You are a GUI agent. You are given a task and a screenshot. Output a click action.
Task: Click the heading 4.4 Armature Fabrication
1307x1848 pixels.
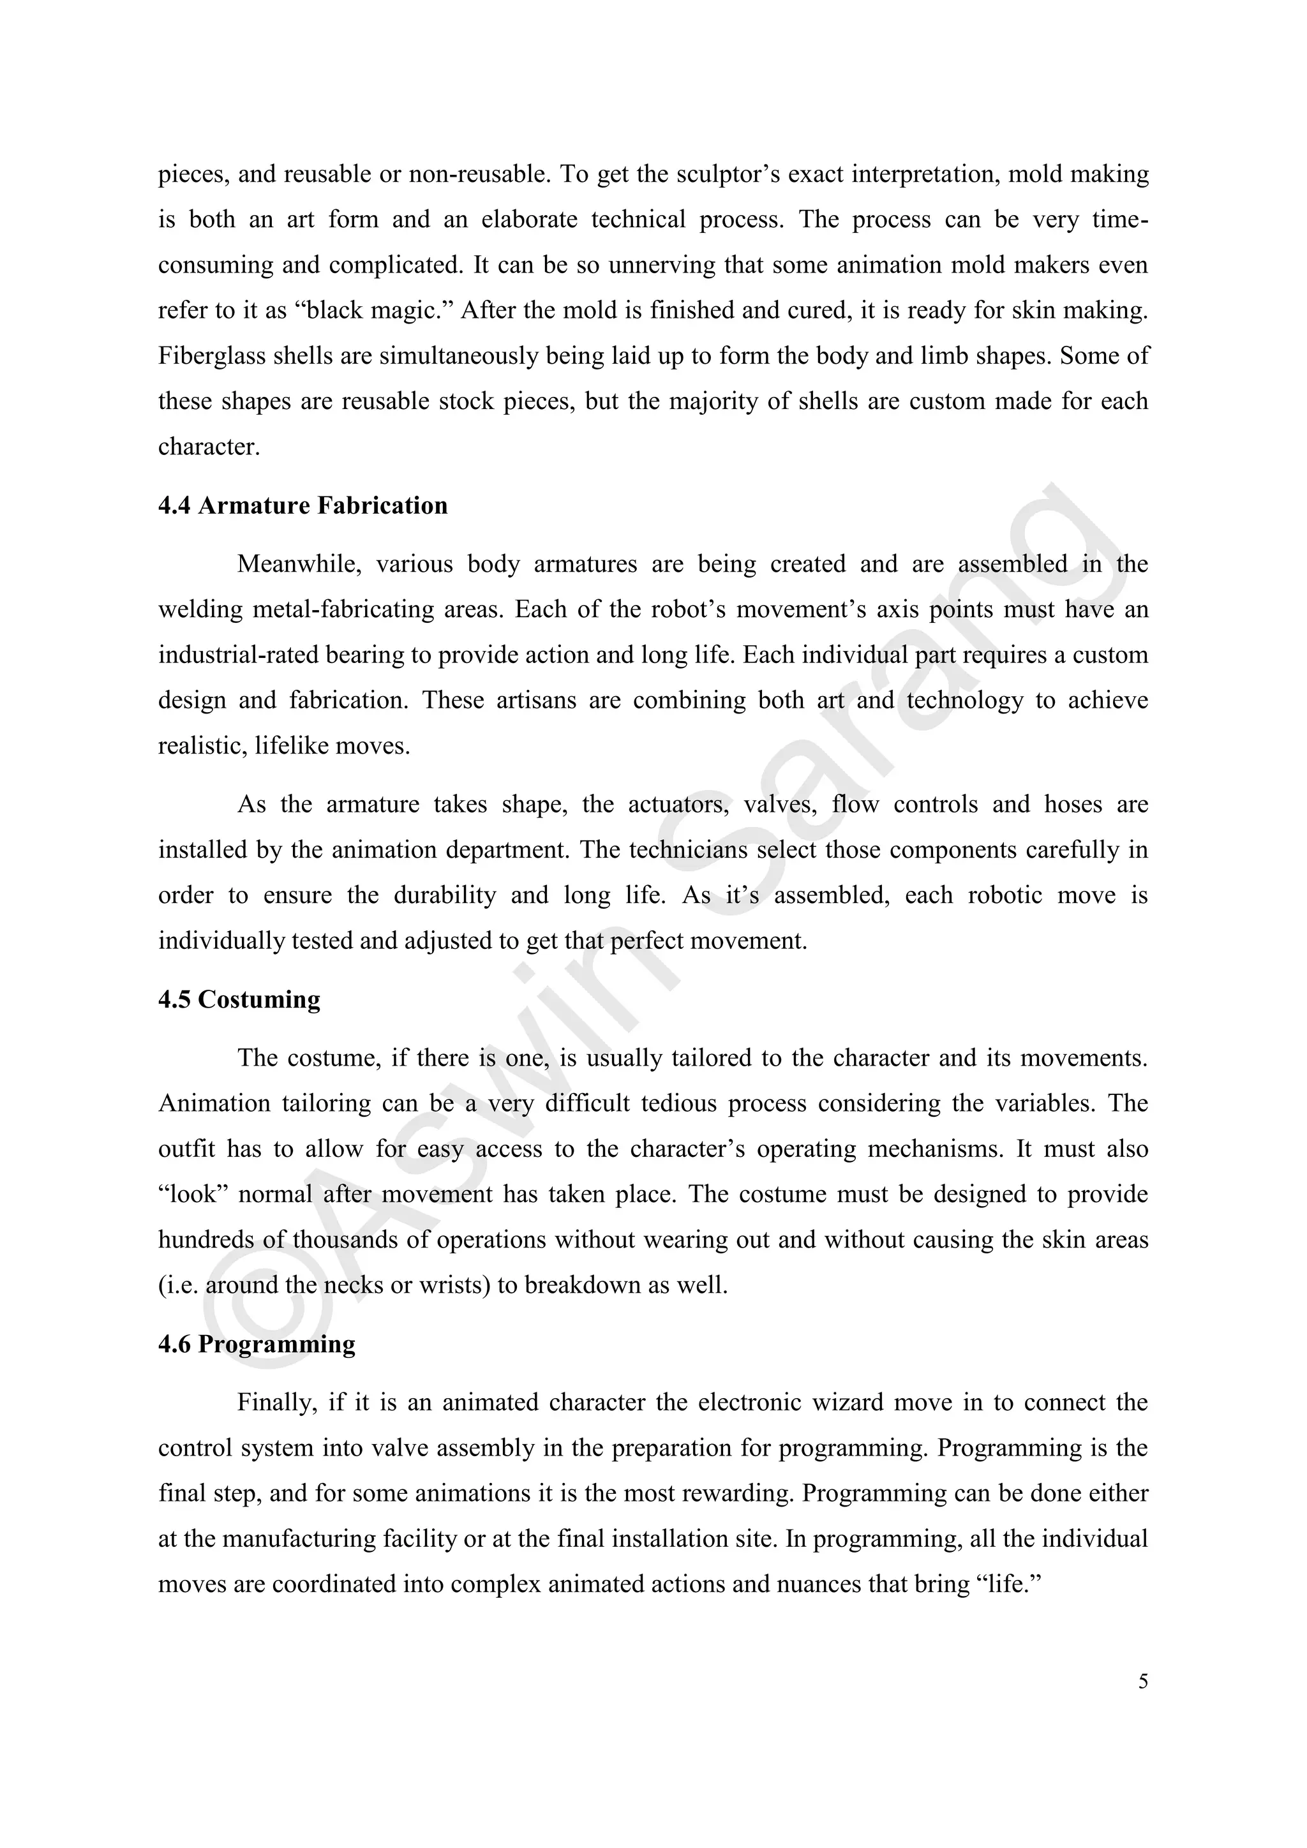(302, 505)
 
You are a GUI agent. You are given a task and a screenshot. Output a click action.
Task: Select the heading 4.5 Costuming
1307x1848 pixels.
(239, 1000)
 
